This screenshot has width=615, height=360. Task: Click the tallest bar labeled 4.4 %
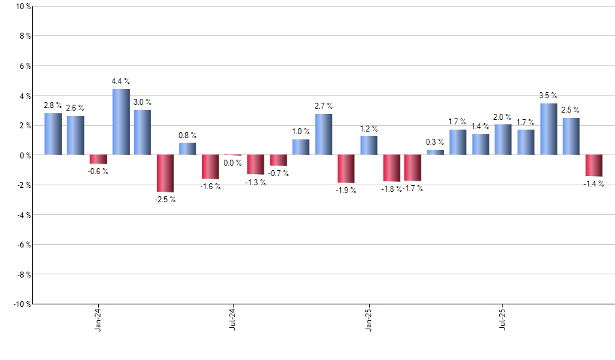pyautogui.click(x=121, y=122)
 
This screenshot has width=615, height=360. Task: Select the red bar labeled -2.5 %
pyautogui.click(x=166, y=173)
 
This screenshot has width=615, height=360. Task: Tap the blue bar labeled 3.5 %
pyautogui.click(x=549, y=130)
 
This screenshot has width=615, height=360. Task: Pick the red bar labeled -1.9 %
pyautogui.click(x=345, y=169)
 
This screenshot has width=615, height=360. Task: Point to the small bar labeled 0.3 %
pyautogui.click(x=436, y=153)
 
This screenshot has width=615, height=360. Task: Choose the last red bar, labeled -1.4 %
pyautogui.click(x=593, y=166)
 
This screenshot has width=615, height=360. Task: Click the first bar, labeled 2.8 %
pyautogui.click(x=53, y=134)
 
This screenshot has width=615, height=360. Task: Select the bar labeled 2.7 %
pyautogui.click(x=323, y=135)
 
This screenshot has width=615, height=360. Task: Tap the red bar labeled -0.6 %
pyautogui.click(x=98, y=159)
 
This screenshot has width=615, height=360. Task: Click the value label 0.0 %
pyautogui.click(x=233, y=164)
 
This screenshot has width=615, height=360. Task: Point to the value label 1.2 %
pyautogui.click(x=368, y=128)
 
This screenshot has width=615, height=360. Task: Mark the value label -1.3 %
pyautogui.click(x=256, y=183)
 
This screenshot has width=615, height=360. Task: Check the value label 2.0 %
pyautogui.click(x=503, y=117)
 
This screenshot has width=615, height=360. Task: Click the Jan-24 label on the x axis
pyautogui.click(x=98, y=318)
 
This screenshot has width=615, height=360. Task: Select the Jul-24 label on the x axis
pyautogui.click(x=233, y=318)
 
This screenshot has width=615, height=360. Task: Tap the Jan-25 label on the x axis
pyautogui.click(x=368, y=318)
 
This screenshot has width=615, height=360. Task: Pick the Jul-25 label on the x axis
pyautogui.click(x=503, y=318)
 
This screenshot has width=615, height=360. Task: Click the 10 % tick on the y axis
pyautogui.click(x=22, y=7)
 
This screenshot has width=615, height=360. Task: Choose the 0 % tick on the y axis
pyautogui.click(x=24, y=155)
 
